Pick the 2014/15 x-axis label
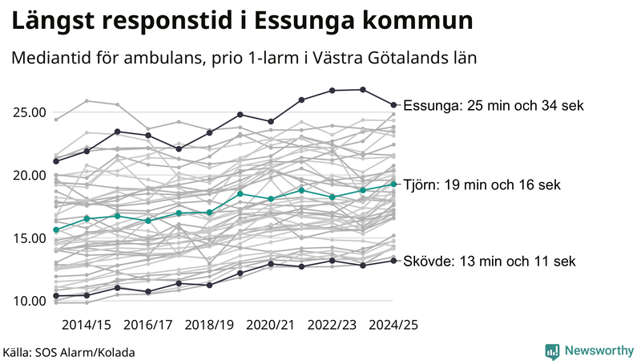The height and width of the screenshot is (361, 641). point(87,325)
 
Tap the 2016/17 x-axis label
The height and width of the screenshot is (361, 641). point(148,325)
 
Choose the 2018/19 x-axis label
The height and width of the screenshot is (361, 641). point(210,325)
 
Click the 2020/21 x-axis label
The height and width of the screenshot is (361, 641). point(272,325)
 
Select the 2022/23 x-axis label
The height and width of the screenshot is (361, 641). point(333,325)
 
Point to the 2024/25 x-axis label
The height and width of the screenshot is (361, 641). point(393,325)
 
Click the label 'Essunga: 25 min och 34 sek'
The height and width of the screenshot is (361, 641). point(494,106)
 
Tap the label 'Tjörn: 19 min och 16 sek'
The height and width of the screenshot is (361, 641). point(482,185)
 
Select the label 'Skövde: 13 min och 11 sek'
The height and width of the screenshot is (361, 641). point(489,262)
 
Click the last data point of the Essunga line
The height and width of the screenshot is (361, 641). point(393,104)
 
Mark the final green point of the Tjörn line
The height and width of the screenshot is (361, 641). point(393,184)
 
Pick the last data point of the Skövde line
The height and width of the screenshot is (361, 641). point(393,260)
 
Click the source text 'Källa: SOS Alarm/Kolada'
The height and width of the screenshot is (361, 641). point(69,352)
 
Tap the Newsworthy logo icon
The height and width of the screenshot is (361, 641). point(552,351)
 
